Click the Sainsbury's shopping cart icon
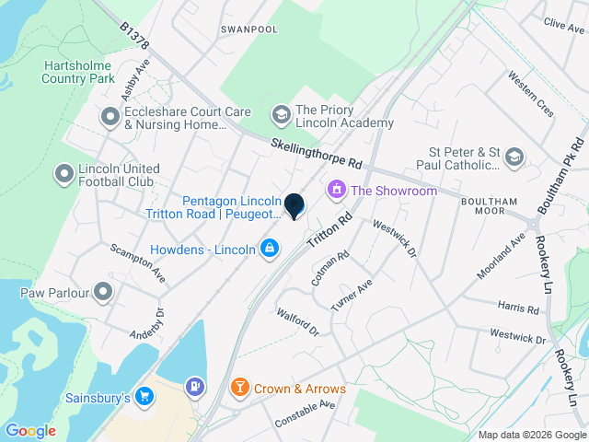pyautogui.click(x=144, y=397)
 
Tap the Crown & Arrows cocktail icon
pyautogui.click(x=239, y=389)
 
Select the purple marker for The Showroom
pyautogui.click(x=336, y=191)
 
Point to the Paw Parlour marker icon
pyautogui.click(x=103, y=294)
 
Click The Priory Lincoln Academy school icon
pyautogui.click(x=280, y=115)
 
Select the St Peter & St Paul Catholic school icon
pyautogui.click(x=514, y=157)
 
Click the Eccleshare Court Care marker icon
pyautogui.click(x=110, y=117)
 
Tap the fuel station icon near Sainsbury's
pyautogui.click(x=194, y=387)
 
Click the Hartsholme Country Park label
pyautogui.click(x=77, y=73)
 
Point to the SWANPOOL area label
pyautogui.click(x=248, y=29)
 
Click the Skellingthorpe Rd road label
pyautogui.click(x=318, y=154)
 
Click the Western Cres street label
pyautogui.click(x=531, y=95)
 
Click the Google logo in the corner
pyautogui.click(x=30, y=430)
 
